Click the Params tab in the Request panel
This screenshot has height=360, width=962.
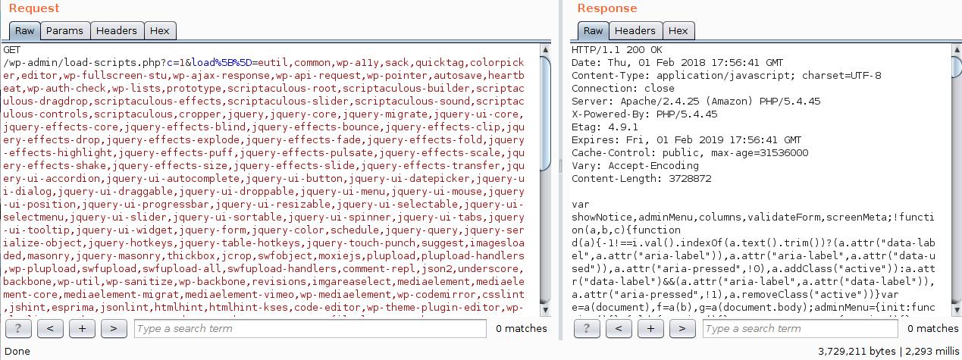point(64,31)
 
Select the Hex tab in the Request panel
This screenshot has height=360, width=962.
point(160,31)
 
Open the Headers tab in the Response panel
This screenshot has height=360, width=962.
point(635,31)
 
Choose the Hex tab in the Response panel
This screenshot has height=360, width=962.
point(678,31)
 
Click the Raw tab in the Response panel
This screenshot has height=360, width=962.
point(594,31)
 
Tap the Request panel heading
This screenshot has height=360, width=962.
point(34,8)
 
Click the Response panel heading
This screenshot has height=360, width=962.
point(607,8)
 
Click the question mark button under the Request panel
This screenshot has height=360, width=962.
point(18,329)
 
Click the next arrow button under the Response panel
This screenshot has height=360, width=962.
point(682,329)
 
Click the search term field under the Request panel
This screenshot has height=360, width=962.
point(310,329)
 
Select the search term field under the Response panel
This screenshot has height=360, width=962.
point(803,329)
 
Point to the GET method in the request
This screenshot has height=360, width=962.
point(12,50)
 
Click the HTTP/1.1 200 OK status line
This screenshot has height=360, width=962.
point(616,50)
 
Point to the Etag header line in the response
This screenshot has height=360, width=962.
point(606,127)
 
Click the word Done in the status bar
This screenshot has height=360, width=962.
point(17,352)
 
